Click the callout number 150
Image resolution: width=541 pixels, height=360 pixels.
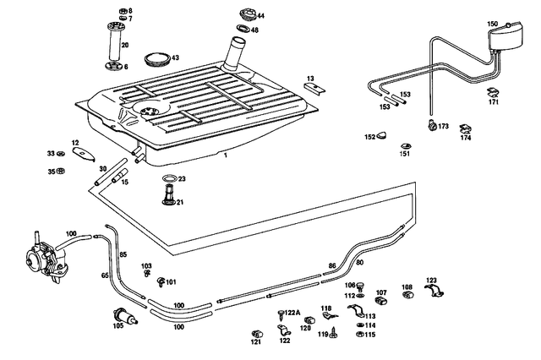(493, 25)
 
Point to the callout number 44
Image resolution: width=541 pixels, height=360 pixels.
(260, 16)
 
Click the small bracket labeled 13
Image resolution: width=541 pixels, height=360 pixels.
(314, 88)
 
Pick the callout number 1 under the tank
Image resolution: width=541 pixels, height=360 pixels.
(226, 156)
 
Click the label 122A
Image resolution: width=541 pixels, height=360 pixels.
(292, 312)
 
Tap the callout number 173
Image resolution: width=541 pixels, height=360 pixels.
(444, 127)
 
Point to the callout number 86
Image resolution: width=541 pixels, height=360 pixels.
(332, 265)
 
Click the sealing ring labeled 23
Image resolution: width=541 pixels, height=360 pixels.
(169, 179)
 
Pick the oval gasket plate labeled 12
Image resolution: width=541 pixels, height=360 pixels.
(83, 153)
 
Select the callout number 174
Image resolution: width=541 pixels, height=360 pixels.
(466, 139)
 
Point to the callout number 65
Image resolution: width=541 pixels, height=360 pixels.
(105, 276)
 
